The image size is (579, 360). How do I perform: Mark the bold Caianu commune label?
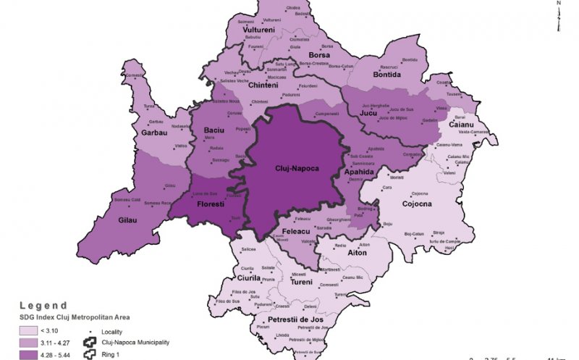(x=460, y=125)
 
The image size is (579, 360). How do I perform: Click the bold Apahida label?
(x=360, y=172)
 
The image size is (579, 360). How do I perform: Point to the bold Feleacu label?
(x=292, y=233)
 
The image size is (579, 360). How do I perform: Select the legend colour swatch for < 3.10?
(x=28, y=330)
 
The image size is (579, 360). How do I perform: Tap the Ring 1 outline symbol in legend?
(x=90, y=354)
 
